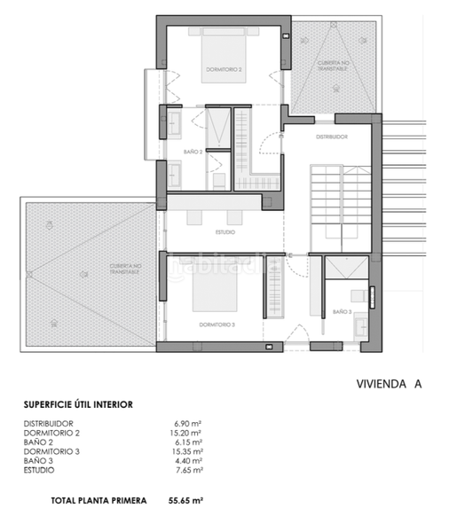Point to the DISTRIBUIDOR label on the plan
click(x=332, y=137)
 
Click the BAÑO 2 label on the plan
click(x=193, y=152)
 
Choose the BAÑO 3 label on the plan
click(x=343, y=312)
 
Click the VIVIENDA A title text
click(x=387, y=384)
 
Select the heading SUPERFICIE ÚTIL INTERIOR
click(x=78, y=404)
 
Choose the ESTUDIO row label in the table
click(x=40, y=470)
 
